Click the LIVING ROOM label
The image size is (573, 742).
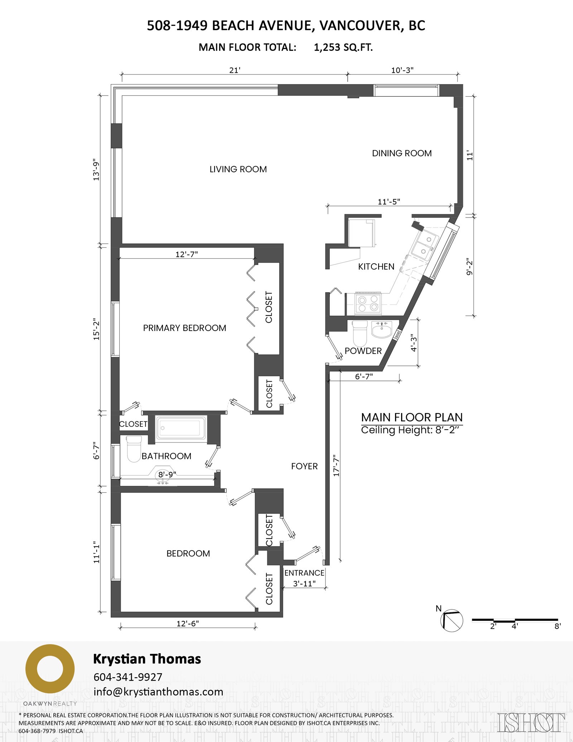click(x=238, y=169)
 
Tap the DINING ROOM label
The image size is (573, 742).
click(x=402, y=153)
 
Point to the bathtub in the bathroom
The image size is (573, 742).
click(x=181, y=427)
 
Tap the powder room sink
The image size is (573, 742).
click(x=382, y=329)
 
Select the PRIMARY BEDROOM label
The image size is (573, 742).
click(x=184, y=328)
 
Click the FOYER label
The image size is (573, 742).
click(x=304, y=466)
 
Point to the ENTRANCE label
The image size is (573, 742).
click(x=304, y=573)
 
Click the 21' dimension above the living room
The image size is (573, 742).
click(x=235, y=70)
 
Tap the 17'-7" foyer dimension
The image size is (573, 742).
click(x=336, y=466)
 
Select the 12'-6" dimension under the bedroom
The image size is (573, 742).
click(x=188, y=623)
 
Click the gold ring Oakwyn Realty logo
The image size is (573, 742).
click(x=50, y=669)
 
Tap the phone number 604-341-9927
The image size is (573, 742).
click(x=128, y=677)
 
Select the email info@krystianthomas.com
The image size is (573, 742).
click(x=158, y=691)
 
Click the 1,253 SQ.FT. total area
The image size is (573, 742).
click(x=343, y=47)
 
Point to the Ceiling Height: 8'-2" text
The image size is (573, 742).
click(x=410, y=430)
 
